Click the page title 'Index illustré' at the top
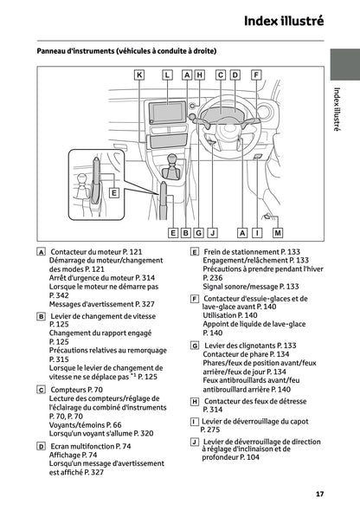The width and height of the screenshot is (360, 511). tap(284, 19)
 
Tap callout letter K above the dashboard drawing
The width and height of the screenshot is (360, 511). tap(139, 75)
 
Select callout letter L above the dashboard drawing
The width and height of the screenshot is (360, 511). tap(167, 75)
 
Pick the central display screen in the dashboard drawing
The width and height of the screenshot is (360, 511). tap(164, 113)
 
